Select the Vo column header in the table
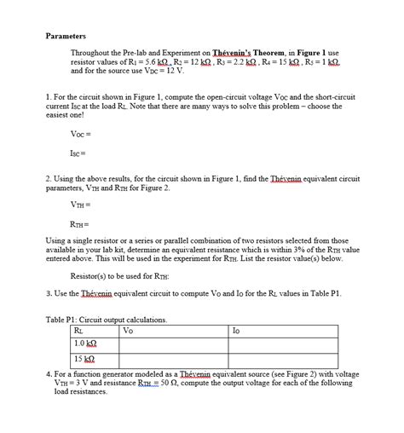point(129,330)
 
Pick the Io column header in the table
point(236,330)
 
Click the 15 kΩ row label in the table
point(84,359)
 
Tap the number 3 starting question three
point(49,292)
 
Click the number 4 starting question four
point(49,373)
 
